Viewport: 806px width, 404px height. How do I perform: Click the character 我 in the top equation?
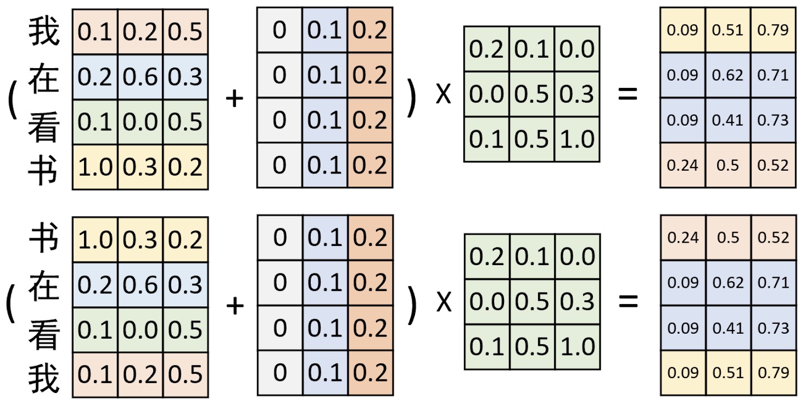point(44,32)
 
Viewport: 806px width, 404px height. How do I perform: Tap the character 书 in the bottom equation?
point(44,239)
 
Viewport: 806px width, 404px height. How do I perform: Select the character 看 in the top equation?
point(44,127)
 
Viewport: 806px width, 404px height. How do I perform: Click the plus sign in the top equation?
point(234,98)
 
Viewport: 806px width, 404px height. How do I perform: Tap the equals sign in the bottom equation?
point(628,301)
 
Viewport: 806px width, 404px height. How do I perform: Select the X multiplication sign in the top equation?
point(443,94)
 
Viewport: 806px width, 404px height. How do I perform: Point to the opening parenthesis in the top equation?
point(13,99)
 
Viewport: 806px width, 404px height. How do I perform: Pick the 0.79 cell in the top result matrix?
point(773,30)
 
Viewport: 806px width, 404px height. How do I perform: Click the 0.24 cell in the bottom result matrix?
point(683,238)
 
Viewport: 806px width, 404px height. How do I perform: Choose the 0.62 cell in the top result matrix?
point(728,75)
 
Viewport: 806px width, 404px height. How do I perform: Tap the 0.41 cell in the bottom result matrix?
point(728,328)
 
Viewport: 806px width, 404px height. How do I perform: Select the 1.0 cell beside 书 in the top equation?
point(95,167)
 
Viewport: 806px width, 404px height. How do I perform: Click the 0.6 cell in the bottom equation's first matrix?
point(141,284)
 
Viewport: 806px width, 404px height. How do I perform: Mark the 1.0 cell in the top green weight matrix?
point(577,139)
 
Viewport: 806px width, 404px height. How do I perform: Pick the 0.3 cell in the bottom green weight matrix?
point(578,301)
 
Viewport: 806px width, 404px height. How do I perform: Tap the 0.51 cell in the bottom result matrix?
point(728,373)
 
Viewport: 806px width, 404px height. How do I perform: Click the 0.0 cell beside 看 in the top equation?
point(141,122)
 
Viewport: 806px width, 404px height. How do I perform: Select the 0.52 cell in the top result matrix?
point(773,165)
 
